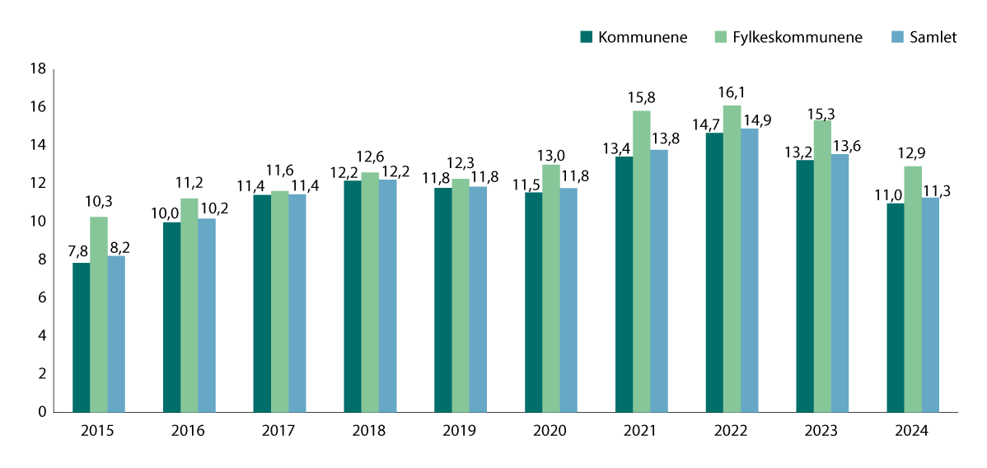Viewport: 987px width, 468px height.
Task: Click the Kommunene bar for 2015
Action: (x=81, y=337)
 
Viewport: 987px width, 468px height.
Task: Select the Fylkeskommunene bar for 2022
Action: (x=732, y=259)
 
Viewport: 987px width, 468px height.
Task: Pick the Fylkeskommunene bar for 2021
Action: (x=642, y=261)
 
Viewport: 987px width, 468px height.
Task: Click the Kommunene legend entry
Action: (x=634, y=37)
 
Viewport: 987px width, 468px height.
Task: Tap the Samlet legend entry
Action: (x=924, y=37)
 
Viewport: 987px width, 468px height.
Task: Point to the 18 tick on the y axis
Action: (x=37, y=69)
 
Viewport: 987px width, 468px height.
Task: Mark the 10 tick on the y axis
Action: (x=37, y=222)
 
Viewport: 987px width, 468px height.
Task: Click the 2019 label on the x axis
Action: (x=461, y=432)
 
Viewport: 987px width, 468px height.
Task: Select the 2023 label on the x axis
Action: (x=822, y=432)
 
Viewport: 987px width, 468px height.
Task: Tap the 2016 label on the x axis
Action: (x=189, y=432)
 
